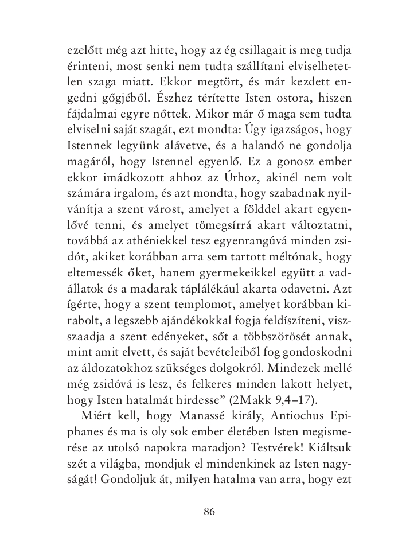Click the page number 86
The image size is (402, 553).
[209, 512]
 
